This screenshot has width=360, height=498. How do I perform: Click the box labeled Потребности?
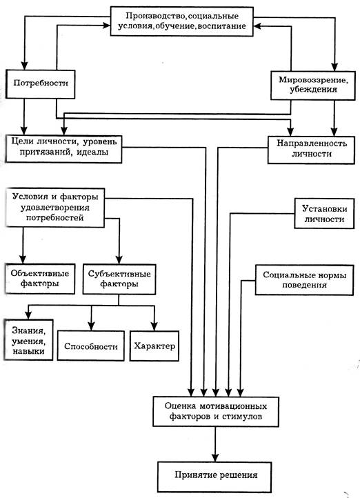(40, 84)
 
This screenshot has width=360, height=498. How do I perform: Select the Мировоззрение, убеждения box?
(312, 86)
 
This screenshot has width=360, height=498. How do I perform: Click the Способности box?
(91, 346)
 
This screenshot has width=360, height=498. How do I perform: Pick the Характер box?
(154, 346)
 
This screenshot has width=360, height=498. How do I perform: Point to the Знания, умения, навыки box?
(28, 340)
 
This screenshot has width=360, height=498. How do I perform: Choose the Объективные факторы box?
(40, 279)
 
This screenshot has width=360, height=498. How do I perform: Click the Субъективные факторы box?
(119, 279)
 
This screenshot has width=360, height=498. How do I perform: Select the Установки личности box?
(324, 213)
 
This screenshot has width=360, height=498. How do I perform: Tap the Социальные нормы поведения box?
(304, 280)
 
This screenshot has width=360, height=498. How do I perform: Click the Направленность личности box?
(311, 150)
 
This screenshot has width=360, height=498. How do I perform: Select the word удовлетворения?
(55, 208)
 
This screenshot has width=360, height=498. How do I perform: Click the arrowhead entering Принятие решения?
(216, 457)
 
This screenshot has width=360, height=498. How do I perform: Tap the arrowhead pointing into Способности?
(92, 326)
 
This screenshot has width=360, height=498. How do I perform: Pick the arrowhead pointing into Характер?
(154, 326)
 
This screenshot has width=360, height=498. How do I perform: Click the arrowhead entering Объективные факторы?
(23, 259)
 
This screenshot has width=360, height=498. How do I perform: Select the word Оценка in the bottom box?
(181, 406)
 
